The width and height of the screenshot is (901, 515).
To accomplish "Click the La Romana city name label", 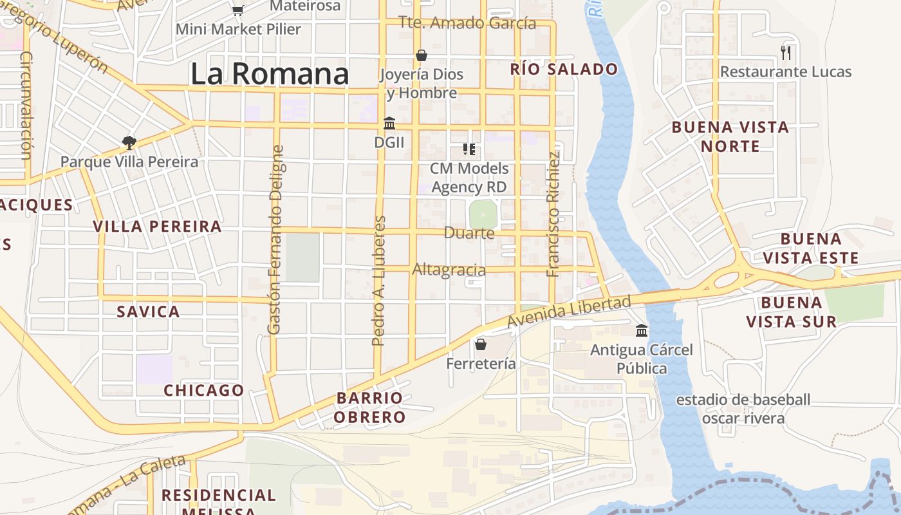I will (270, 74).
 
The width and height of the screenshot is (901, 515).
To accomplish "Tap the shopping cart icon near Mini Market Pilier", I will (237, 10).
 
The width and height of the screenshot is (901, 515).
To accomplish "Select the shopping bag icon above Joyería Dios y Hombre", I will (422, 55).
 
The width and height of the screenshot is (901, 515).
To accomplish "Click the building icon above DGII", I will (389, 123).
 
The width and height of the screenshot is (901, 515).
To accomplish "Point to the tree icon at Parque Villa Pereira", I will (129, 142).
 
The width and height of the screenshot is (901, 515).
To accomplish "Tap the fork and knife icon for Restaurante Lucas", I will (785, 52).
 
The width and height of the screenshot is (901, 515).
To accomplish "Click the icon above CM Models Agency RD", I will (469, 149).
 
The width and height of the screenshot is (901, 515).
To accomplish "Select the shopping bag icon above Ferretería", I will (481, 344).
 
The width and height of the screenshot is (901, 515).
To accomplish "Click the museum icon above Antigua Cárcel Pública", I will (642, 331).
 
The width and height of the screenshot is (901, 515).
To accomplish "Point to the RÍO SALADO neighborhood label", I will (564, 70).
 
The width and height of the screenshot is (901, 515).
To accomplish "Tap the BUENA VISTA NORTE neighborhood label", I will (730, 136).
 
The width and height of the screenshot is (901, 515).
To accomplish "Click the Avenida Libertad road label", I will (569, 312).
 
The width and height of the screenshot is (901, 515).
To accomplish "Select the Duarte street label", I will (469, 233).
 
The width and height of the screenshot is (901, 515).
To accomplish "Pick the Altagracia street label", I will (449, 269).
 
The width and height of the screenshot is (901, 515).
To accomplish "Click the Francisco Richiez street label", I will (553, 214).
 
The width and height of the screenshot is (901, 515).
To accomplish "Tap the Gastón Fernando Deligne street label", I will (275, 239).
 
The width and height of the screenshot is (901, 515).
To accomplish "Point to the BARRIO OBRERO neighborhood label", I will (371, 407).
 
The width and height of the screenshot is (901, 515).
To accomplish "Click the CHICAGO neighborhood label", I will (203, 390).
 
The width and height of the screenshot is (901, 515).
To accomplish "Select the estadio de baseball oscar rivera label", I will (743, 409).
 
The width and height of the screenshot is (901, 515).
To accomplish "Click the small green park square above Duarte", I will (483, 214).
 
